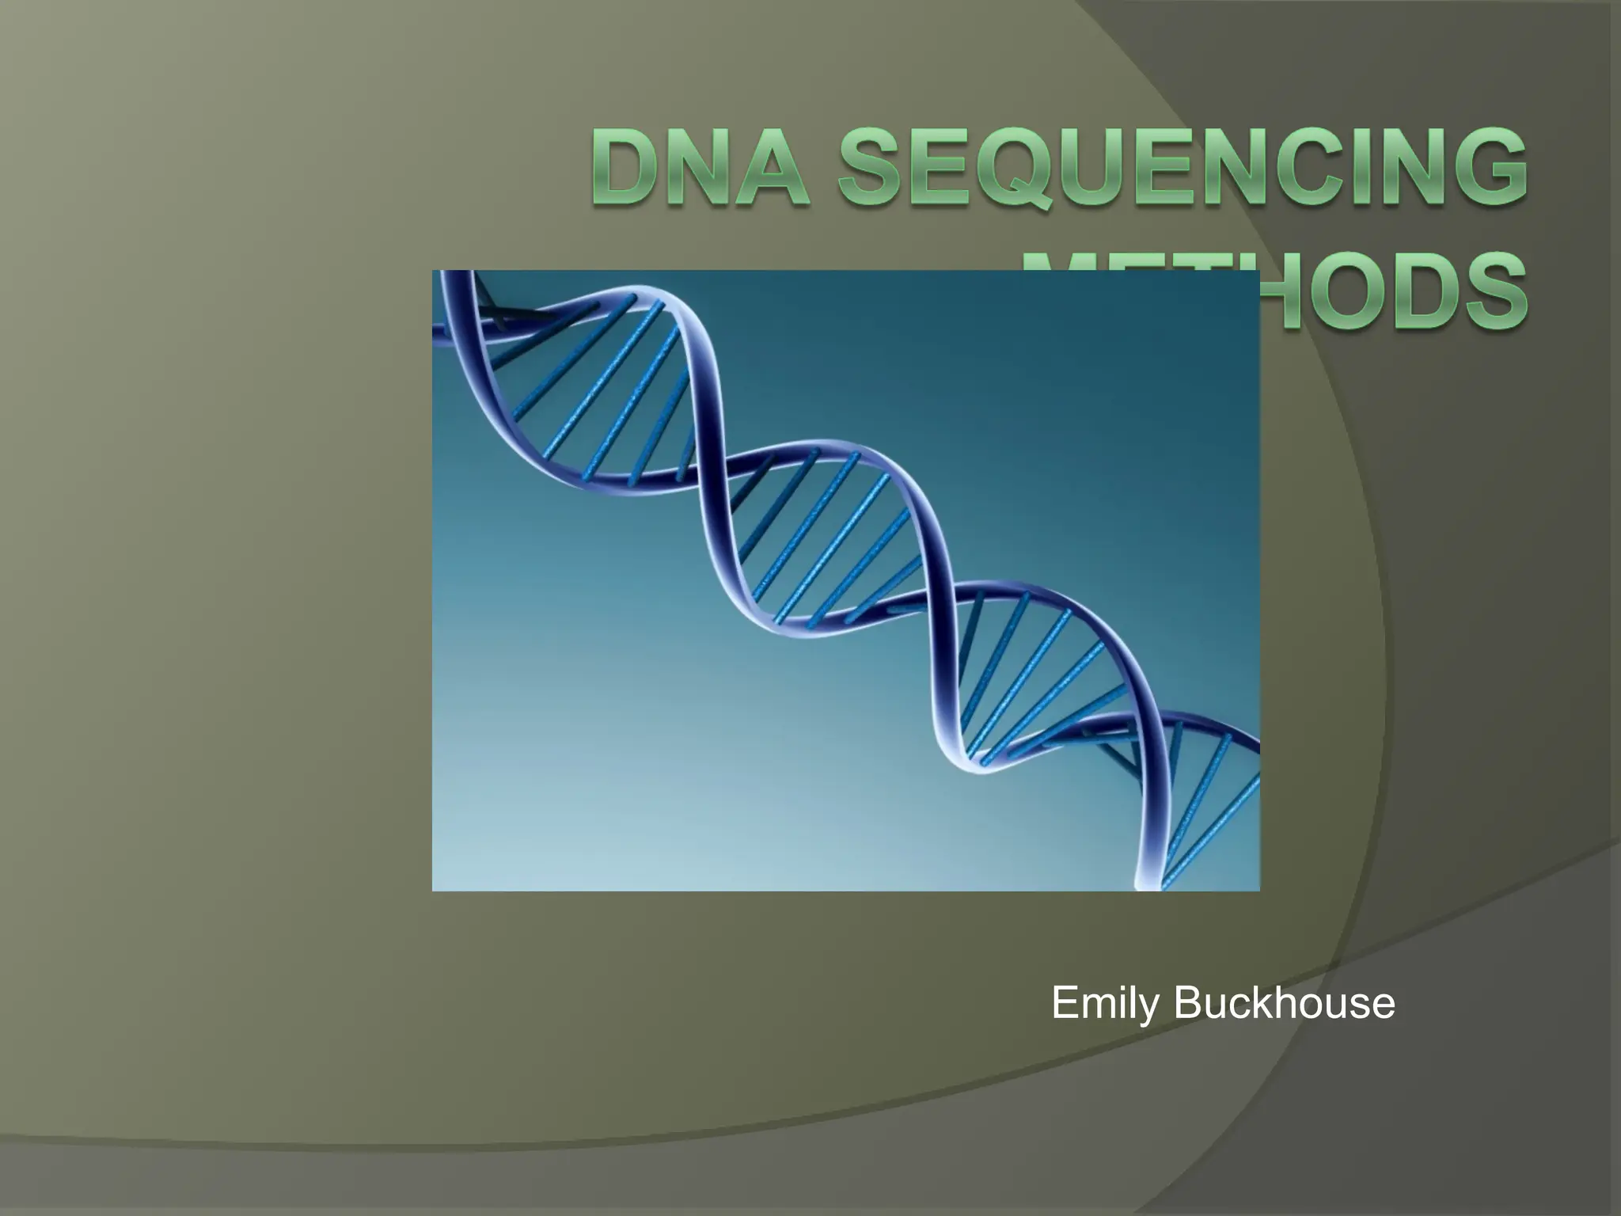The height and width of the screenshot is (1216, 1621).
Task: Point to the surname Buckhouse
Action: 1284,1004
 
